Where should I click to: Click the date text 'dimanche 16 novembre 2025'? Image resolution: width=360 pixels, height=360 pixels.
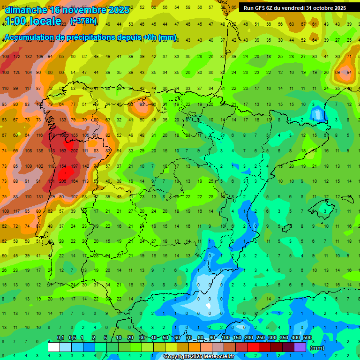pos(67,10)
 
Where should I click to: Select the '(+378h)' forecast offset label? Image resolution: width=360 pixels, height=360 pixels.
pos(83,21)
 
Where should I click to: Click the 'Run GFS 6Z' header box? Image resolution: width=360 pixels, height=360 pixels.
pos(294,8)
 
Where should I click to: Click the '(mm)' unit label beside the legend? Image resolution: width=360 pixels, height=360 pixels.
pos(317,348)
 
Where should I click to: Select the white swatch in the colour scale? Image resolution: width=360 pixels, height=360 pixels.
pos(54,347)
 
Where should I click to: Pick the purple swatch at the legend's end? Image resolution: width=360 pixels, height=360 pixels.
pos(300,347)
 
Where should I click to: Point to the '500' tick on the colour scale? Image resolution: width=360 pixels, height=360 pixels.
pos(307,338)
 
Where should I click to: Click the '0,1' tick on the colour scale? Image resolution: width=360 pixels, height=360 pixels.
pos(60,338)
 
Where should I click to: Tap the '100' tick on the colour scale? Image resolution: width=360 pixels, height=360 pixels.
pos(225,338)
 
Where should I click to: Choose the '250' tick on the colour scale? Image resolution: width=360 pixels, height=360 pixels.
pos(260,338)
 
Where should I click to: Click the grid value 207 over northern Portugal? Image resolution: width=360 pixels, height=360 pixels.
pos(74,151)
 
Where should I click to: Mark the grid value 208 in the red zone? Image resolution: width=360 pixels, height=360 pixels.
pos(62,181)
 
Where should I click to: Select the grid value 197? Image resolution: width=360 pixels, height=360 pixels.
pos(74,166)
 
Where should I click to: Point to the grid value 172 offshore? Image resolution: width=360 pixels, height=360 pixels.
pos(17,57)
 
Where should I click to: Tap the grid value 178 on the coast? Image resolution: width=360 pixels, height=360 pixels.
pos(52,135)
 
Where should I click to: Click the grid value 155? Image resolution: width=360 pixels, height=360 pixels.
pos(74,135)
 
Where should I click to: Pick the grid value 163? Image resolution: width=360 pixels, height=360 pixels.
pos(63,151)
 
